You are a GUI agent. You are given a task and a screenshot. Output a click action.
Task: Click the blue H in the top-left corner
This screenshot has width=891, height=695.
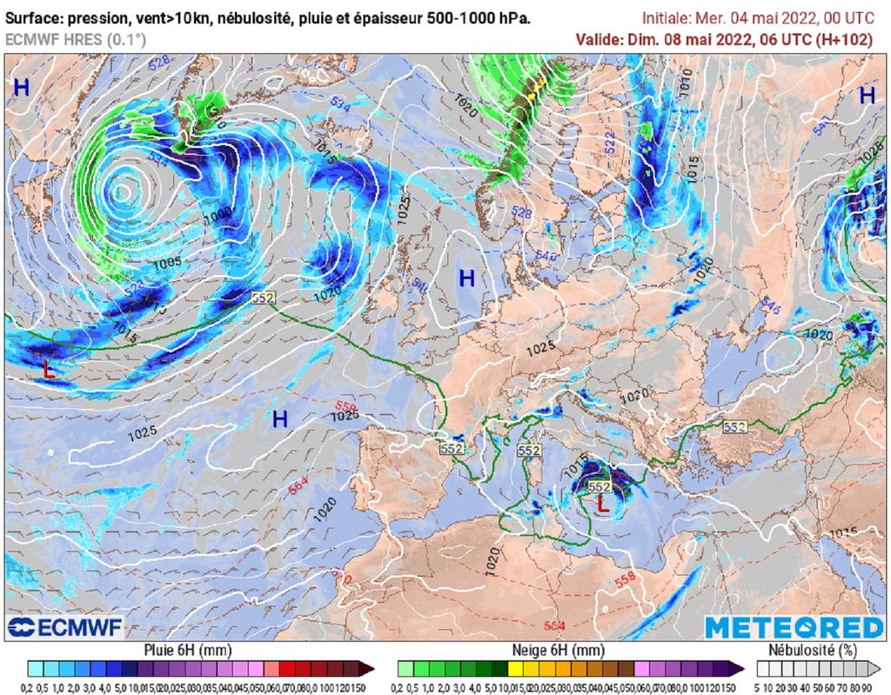point(21,86)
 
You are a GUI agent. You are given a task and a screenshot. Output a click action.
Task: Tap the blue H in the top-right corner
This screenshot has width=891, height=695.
point(867,96)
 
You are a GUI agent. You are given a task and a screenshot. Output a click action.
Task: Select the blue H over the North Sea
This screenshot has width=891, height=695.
point(467,278)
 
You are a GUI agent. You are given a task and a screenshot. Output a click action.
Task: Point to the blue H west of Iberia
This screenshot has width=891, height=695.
point(279,419)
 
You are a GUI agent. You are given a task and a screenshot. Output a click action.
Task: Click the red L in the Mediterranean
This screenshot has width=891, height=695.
point(601,501)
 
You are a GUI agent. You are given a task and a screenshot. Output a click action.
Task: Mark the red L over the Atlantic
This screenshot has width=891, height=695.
point(49,369)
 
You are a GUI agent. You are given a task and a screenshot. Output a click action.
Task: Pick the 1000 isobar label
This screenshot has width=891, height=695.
point(218,212)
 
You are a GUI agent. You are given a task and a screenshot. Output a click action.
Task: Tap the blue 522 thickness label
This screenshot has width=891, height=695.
point(610,138)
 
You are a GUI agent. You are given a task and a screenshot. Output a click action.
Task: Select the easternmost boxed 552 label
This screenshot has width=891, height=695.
point(734,426)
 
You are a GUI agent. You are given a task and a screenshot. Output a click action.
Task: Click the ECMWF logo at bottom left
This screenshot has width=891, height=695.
point(64,627)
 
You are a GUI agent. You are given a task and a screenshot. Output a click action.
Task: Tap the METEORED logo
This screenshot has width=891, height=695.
point(794,627)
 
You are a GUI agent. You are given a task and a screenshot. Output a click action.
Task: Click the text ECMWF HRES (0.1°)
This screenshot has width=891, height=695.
point(76,39)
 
